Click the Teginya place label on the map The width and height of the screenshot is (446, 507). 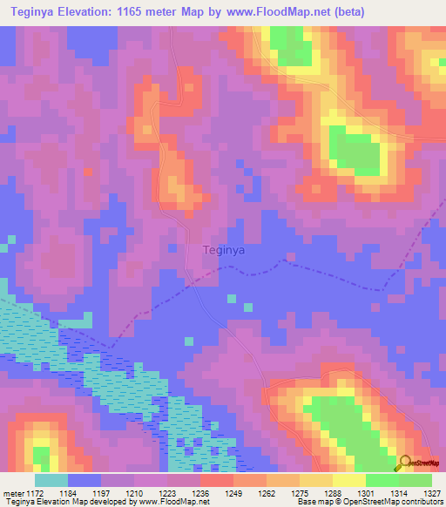coord(223,249)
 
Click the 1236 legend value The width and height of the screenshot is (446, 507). coord(202,492)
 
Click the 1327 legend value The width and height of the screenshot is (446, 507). coord(430,492)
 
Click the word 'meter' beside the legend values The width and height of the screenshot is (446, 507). coord(12,492)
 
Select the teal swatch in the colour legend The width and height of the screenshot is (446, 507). coord(51,480)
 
